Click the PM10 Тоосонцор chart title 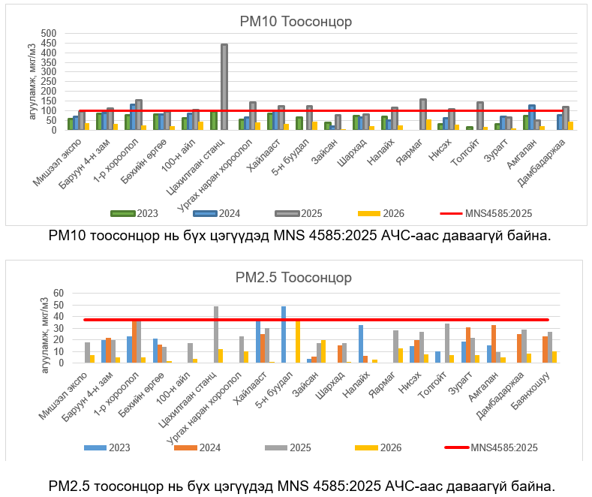tap(296, 22)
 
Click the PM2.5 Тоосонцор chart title tap(296, 278)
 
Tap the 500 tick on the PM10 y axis tap(48, 34)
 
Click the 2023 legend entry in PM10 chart tap(137, 213)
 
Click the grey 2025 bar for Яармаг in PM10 tap(423, 114)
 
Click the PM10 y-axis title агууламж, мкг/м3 tap(32, 83)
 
